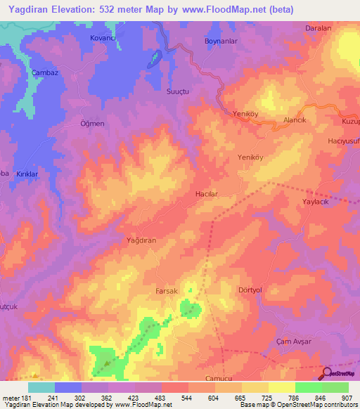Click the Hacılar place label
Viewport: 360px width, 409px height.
pyautogui.click(x=206, y=193)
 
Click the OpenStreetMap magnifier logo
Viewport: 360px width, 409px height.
pyautogui.click(x=328, y=375)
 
